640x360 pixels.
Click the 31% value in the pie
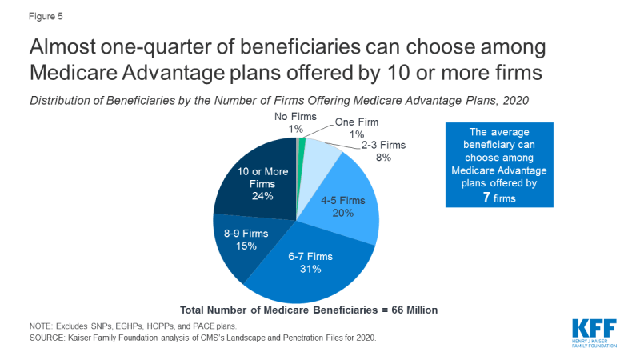(310, 269)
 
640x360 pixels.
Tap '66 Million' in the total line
(406, 309)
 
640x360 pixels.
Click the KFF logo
(594, 333)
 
